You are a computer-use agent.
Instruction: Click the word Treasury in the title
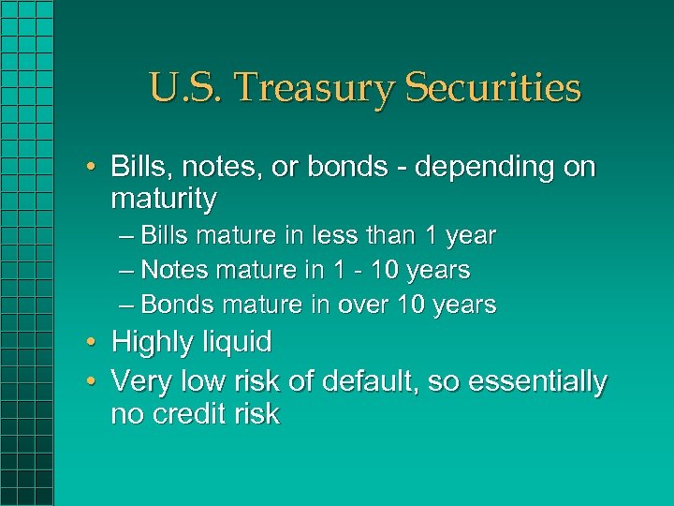click(301, 89)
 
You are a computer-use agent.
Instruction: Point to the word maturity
click(164, 199)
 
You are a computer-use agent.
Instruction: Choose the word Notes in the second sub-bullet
click(176, 270)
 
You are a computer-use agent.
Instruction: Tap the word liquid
click(238, 343)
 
